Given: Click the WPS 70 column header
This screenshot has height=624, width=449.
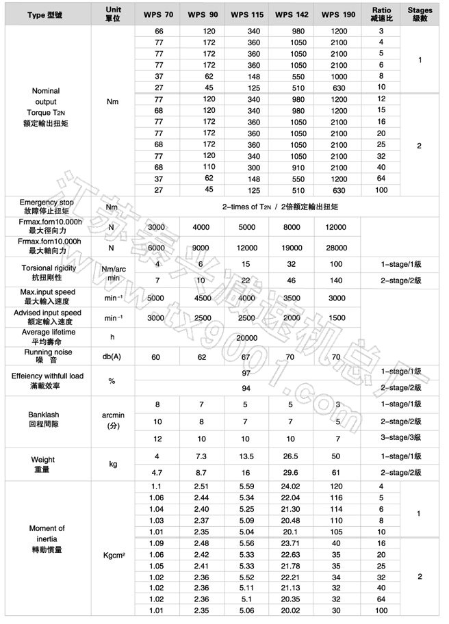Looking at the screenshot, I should pos(159,14).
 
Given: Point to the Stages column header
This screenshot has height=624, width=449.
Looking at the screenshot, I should pos(420,14).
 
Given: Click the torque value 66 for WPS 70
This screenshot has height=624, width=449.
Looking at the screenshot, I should pos(159,31).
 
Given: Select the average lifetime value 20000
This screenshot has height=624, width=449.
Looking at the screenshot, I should pos(247,338).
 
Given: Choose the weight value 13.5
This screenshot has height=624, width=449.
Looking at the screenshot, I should pos(246,455).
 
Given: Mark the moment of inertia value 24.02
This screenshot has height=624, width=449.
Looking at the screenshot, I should pos(292,486).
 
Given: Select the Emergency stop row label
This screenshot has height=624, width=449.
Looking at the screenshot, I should pos(47,207).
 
